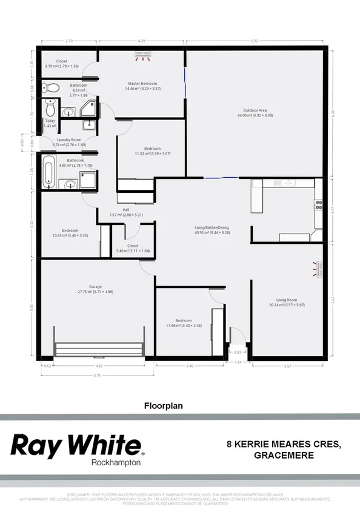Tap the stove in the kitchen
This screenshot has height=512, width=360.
coord(318,205)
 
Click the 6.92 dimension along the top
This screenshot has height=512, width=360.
coord(259,41)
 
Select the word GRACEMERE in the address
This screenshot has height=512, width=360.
coord(284,456)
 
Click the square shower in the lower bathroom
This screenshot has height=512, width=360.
coord(89,179)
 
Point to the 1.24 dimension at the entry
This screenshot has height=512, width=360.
coord(238,362)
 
